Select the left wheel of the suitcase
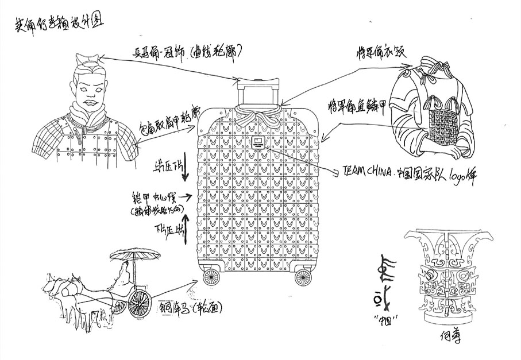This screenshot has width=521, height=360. click(211, 278)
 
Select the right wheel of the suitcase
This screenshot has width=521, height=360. click(302, 278)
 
